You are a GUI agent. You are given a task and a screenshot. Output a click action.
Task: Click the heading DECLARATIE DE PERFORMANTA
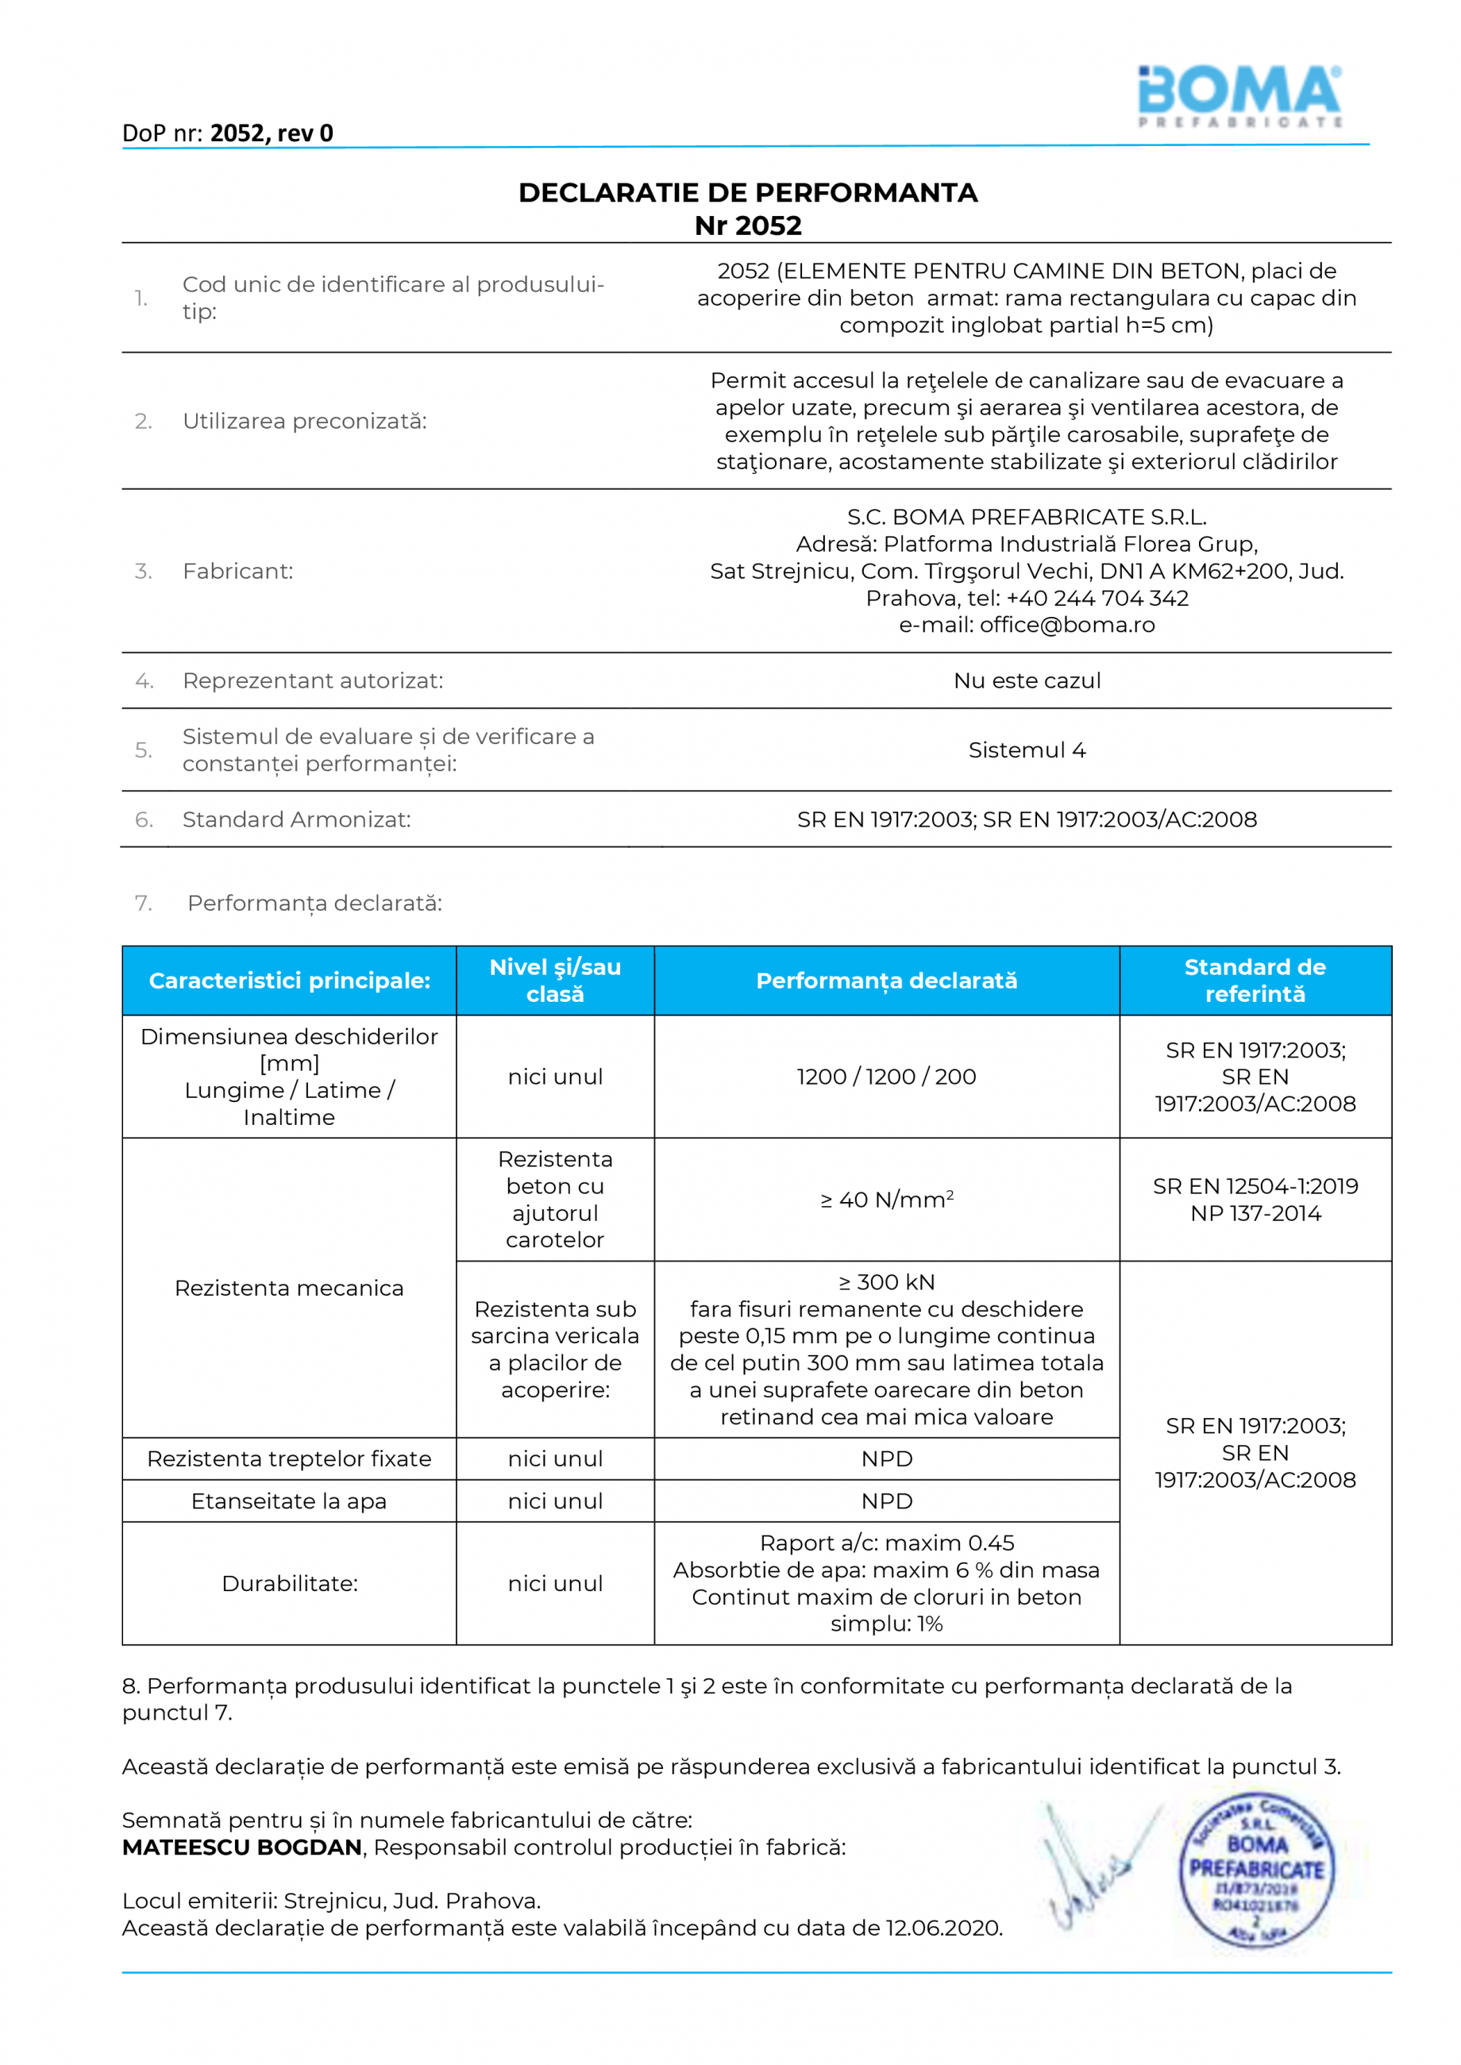748,192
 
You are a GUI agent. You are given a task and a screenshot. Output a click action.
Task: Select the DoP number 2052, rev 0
272,133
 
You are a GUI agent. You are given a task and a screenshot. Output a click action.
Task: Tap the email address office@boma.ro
1067,624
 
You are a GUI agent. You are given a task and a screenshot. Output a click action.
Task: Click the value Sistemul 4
1027,750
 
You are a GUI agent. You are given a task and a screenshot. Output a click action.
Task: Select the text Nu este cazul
1027,681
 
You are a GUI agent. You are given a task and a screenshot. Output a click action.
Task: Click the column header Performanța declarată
886,980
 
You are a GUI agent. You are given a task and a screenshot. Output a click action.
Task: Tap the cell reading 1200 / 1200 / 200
886,1077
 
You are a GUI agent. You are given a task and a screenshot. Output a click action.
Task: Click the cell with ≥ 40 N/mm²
886,1200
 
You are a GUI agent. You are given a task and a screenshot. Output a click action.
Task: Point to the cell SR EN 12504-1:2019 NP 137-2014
1255,1200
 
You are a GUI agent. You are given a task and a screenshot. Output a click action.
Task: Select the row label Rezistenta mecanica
289,1288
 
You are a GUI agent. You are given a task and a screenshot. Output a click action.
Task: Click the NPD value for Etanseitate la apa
886,1501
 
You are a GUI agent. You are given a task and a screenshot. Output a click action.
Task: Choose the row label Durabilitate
289,1584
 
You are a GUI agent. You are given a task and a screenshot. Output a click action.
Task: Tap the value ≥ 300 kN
886,1282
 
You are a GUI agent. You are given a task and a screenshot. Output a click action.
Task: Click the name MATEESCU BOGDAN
242,1847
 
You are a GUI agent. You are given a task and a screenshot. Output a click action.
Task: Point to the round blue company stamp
1256,1869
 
